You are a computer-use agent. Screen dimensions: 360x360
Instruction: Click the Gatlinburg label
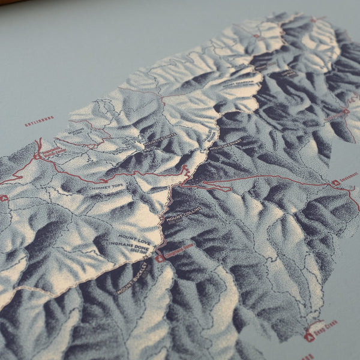pyautogui.click(x=39, y=122)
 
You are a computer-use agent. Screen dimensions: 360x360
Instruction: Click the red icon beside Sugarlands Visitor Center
pyautogui.click(x=37, y=155)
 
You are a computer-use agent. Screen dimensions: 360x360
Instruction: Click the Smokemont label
pyautogui.click(x=349, y=178)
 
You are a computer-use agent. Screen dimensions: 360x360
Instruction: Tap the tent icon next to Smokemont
pyautogui.click(x=335, y=182)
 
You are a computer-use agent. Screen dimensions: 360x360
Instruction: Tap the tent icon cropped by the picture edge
pyautogui.click(x=4, y=198)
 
